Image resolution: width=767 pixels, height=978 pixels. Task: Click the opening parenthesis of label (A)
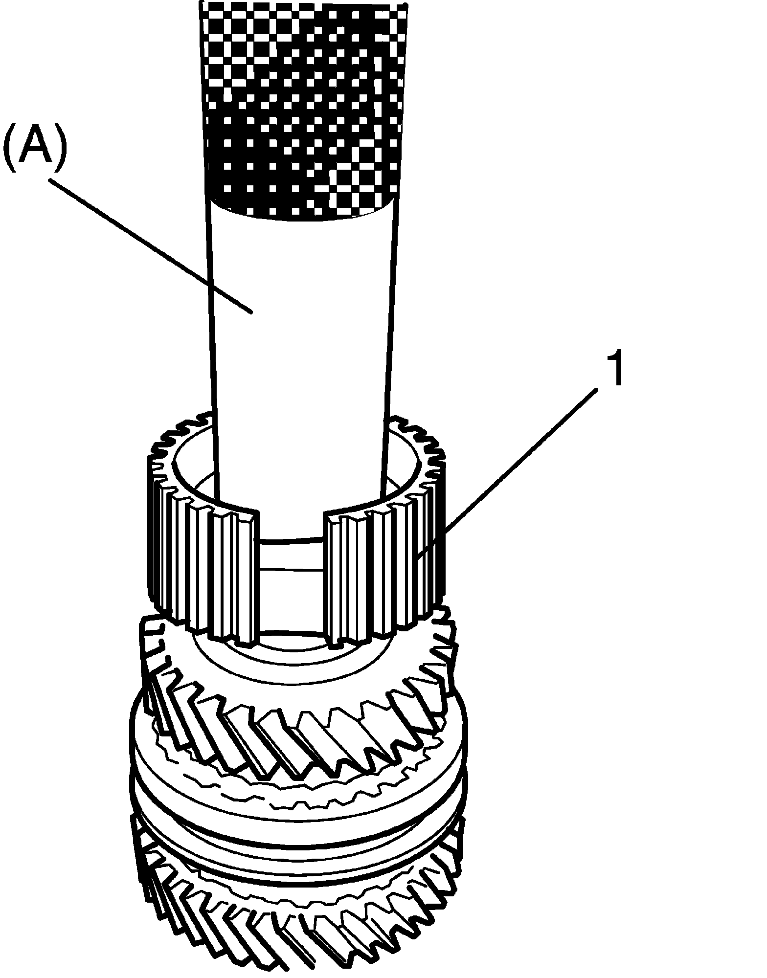pos(10,150)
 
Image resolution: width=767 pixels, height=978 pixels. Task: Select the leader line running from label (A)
pos(147,244)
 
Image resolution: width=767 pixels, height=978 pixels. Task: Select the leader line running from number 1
pos(514,465)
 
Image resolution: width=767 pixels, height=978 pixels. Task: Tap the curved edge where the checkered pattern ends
pos(303,215)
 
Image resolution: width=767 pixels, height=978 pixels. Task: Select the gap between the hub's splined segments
pos(291,587)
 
